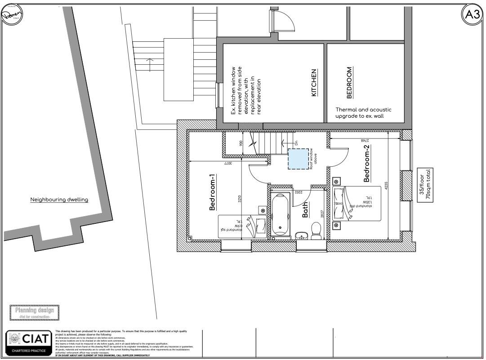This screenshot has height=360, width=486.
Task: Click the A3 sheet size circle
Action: click(472, 15)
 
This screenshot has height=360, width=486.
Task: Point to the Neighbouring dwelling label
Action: click(59, 200)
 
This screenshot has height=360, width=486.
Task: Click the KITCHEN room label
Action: click(314, 82)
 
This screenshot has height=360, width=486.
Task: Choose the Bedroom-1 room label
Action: click(213, 192)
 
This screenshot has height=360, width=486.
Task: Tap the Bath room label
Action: click(305, 209)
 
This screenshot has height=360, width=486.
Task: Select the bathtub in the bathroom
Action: click(281, 214)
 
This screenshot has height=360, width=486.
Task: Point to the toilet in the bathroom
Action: click(317, 232)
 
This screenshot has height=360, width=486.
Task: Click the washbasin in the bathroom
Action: click(302, 235)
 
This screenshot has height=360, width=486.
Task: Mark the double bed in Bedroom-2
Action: click(357, 204)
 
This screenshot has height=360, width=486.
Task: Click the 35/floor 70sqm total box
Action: click(425, 185)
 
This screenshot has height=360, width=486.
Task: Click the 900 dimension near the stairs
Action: click(241, 143)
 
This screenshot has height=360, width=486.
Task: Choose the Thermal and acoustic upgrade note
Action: click(363, 113)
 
